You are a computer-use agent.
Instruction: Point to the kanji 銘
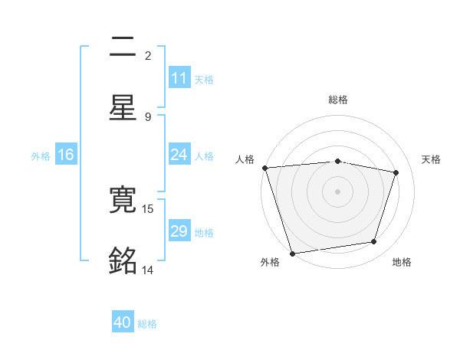point(123,261)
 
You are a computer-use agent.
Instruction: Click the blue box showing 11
point(179,78)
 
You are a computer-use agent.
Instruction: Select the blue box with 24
point(179,155)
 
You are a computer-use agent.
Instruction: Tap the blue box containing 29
point(179,231)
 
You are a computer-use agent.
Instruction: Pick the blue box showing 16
point(66,155)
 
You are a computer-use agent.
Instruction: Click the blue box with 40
point(123,322)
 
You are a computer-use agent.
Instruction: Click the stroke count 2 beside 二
point(148,55)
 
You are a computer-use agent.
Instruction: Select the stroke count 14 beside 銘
point(148,270)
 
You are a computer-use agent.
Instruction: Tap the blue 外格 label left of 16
point(41,155)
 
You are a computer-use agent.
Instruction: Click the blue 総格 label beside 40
point(147,324)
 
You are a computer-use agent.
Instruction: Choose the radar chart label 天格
point(431,159)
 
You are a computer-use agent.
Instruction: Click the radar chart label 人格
point(245,159)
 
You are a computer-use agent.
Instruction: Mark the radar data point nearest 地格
point(374,242)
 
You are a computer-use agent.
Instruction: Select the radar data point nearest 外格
point(292,253)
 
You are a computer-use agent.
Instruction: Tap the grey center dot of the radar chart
point(337,191)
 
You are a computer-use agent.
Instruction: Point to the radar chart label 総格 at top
point(338,100)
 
